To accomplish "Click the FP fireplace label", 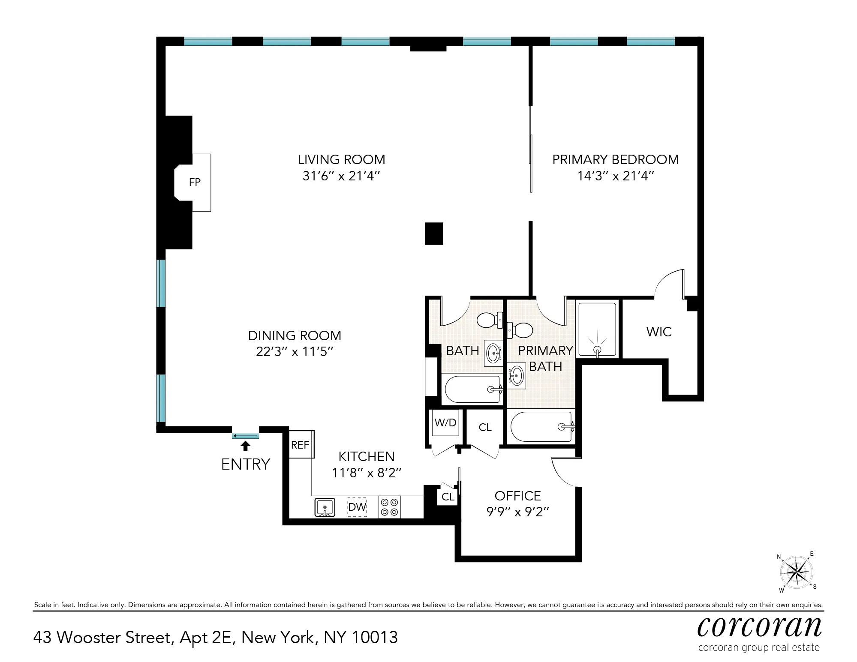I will tap(195, 183).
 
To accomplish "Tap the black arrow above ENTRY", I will tap(245, 446).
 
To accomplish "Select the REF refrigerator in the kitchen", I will tap(301, 445).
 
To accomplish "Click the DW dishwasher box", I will tap(357, 507).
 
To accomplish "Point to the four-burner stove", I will tap(389, 507).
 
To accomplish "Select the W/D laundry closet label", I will tap(445, 422).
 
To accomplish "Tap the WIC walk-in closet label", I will tap(659, 332).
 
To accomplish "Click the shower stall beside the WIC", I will tap(597, 329).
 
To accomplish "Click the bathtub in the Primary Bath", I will tap(541, 427).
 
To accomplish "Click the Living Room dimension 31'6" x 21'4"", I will tap(341, 176).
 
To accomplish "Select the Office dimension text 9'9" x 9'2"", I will tap(517, 512).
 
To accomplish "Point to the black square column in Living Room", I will tap(433, 234).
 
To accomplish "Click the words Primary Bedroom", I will tap(615, 159).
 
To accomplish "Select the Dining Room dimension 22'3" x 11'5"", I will tap(295, 352).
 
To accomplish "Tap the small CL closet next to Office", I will tap(448, 497).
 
